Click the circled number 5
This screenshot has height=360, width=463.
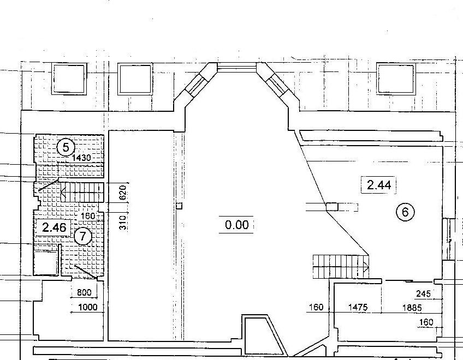(66, 147)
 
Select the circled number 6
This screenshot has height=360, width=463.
(405, 212)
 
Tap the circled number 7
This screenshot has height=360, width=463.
(82, 236)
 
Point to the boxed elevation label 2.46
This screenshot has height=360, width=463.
(55, 227)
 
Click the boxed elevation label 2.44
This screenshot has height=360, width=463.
(379, 185)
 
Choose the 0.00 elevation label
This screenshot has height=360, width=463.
(236, 225)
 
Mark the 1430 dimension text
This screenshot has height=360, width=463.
(81, 158)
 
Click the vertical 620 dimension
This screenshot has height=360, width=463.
(123, 193)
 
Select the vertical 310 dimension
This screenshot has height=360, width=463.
(123, 223)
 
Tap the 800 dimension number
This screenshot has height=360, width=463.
(84, 292)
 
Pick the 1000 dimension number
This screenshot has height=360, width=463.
(88, 307)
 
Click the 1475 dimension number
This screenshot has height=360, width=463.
(358, 308)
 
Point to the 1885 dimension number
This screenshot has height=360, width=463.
(412, 308)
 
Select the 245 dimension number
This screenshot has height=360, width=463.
(424, 293)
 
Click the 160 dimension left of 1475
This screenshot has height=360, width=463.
(316, 308)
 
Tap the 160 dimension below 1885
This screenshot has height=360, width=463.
(426, 322)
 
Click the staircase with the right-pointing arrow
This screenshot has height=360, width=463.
(341, 267)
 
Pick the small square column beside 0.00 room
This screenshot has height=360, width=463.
(179, 206)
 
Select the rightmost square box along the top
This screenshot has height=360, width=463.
(396, 79)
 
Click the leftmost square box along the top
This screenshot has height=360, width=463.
(69, 79)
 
